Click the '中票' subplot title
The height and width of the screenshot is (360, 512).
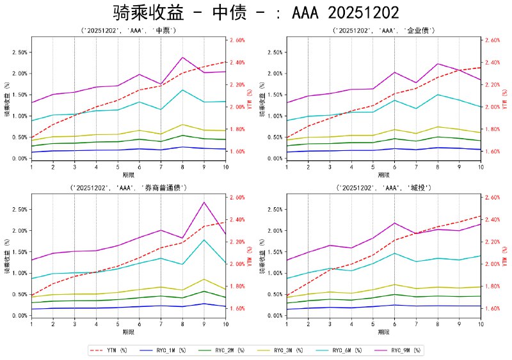coord(128,30)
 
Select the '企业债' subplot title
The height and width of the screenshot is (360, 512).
coord(384,30)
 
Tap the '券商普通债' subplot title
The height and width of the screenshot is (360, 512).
coord(128,187)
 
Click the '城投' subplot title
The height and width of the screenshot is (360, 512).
coord(384,187)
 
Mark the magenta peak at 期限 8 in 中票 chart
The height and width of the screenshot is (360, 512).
coord(182,58)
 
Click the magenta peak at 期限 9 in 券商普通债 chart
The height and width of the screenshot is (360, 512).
coord(204,202)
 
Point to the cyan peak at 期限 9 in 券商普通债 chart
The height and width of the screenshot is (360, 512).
coord(204,240)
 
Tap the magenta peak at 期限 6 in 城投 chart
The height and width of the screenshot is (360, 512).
coord(394,223)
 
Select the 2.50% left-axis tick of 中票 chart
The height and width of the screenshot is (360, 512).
coord(19,52)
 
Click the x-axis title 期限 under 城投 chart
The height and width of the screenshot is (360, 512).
coord(384,332)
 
